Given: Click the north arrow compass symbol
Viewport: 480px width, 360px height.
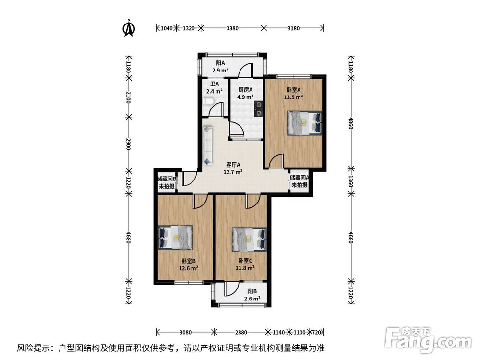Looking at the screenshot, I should pos(128,28).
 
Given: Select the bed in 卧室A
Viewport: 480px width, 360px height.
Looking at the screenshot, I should pos(304,123).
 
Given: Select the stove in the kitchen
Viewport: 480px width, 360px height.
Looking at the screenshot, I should pos(258,108).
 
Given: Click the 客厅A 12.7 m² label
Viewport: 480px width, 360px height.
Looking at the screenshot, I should pos(232,168).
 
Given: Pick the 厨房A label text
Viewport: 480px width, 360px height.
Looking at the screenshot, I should pos(245,90).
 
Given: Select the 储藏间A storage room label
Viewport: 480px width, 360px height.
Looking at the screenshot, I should pos(299,180).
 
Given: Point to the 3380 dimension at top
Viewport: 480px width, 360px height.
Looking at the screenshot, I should pos(232,28).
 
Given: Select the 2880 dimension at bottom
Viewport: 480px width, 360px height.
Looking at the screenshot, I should pos(241,332).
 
